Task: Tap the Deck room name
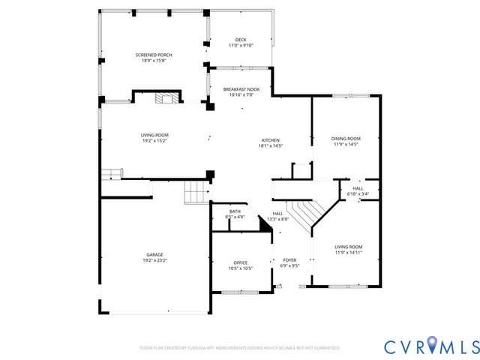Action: click(x=241, y=40)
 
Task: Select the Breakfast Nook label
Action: click(x=241, y=89)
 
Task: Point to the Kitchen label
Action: click(x=270, y=140)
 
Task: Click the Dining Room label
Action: click(x=346, y=138)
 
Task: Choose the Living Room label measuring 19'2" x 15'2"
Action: click(x=154, y=135)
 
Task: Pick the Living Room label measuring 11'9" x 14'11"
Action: click(x=349, y=247)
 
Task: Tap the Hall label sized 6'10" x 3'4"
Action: click(x=358, y=188)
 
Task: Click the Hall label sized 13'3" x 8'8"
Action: click(x=277, y=214)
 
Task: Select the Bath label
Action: click(x=235, y=211)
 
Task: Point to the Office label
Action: click(x=240, y=262)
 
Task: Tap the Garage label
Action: click(x=154, y=254)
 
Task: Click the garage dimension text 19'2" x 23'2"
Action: click(x=154, y=260)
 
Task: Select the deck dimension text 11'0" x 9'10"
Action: click(x=241, y=46)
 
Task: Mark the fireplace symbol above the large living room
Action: click(x=164, y=97)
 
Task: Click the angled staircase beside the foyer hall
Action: click(x=304, y=215)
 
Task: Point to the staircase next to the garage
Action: click(x=197, y=193)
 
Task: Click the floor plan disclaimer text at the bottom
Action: click(x=240, y=348)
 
